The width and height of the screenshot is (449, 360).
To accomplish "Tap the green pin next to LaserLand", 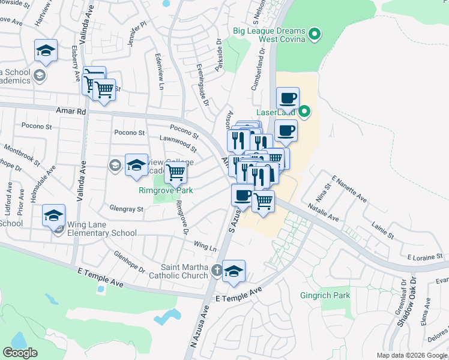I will [304, 111].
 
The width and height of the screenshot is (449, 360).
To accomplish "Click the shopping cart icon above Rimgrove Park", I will [175, 172].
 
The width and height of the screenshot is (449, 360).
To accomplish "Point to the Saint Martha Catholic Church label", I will [185, 271].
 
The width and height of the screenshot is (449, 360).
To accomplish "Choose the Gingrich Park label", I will [325, 295].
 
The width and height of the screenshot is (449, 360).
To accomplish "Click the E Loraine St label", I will [424, 257].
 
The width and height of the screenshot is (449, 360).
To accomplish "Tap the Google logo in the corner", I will [20, 353].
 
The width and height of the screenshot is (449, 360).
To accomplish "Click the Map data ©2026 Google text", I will [412, 355].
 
